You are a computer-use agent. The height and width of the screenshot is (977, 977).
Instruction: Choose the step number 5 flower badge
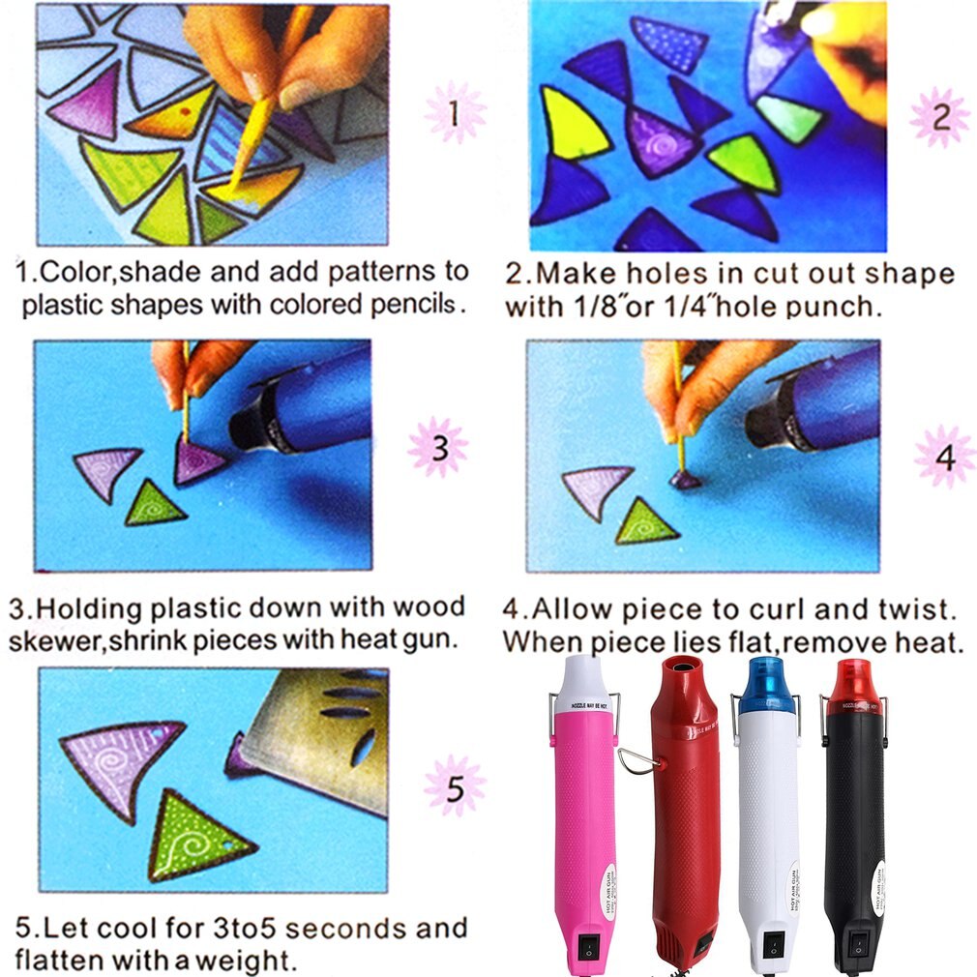pos(455,785)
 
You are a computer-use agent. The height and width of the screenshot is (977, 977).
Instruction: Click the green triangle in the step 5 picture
pos(198,835)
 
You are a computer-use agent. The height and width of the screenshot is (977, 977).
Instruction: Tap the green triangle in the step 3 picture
pos(155,502)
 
